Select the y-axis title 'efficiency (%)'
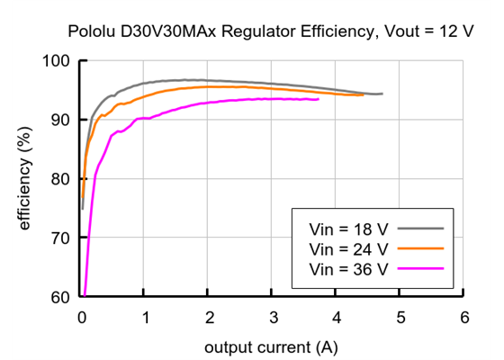25,178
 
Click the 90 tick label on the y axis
60,120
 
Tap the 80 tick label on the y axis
60,179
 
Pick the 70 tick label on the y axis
60,238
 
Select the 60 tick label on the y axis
60,297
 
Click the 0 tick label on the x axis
82,317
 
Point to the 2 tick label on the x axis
209,317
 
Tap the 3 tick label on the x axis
273,317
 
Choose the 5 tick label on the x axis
400,317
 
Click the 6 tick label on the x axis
463,317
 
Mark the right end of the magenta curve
319,99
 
